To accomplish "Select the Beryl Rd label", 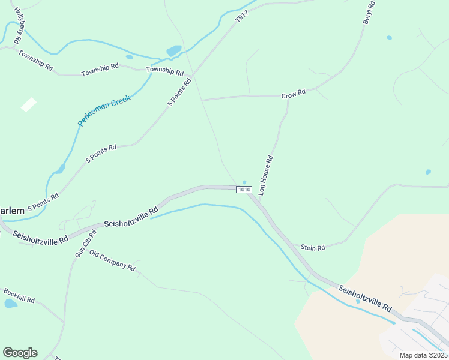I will [x=368, y=13].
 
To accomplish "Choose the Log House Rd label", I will [x=265, y=175].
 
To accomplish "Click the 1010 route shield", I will [x=243, y=190].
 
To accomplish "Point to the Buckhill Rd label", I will [x=19, y=295].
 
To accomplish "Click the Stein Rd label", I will [x=312, y=247].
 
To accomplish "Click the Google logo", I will [x=20, y=353].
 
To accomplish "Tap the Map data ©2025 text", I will [x=423, y=355].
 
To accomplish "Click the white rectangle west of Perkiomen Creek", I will [x=28, y=104].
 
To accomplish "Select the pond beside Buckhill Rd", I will [x=11, y=304].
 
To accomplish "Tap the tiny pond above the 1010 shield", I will [x=244, y=182].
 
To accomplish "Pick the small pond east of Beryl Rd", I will [x=390, y=38].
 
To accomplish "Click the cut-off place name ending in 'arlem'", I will [x=12, y=211].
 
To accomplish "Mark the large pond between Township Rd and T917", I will [x=173, y=51].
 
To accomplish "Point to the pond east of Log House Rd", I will [x=428, y=172].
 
